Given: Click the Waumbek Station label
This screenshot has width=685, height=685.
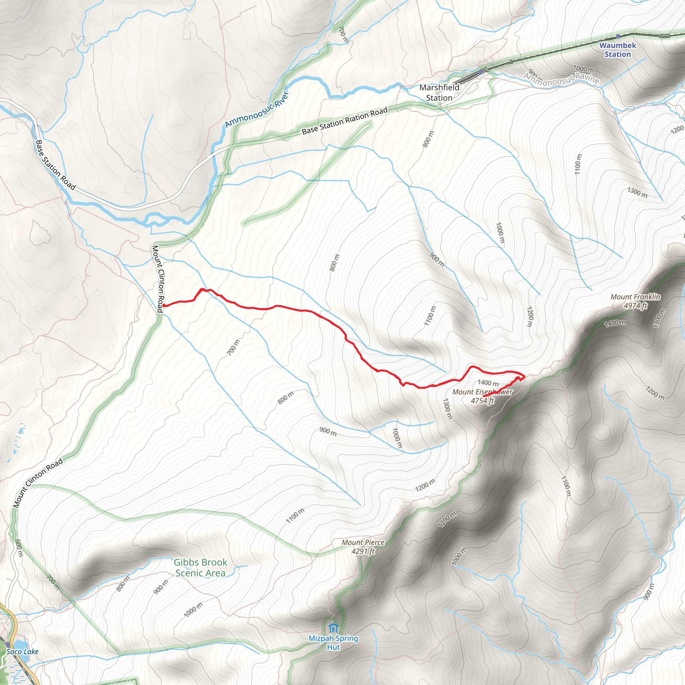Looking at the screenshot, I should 618,50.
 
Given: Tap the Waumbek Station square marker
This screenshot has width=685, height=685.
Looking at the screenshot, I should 618,36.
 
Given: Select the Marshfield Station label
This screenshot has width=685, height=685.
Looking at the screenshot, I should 439,93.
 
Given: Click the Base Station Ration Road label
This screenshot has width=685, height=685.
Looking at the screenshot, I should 345,121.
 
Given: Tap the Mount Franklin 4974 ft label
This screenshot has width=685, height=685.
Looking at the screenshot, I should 635,301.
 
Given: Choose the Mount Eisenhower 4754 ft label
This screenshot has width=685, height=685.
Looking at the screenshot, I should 483,396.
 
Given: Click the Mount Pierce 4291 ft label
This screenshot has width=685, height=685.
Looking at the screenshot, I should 363,547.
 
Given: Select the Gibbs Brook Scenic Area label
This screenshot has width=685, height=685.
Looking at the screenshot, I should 200,568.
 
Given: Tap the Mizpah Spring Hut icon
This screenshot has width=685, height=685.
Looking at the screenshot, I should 332,628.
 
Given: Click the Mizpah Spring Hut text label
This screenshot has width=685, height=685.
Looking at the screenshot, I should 333,643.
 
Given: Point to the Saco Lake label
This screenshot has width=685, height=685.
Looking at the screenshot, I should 22,651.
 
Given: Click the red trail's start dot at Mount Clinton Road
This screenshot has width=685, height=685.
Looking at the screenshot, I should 164,305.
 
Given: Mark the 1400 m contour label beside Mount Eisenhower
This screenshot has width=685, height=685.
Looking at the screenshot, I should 488,383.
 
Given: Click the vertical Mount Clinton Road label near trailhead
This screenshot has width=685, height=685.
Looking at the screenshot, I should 158,279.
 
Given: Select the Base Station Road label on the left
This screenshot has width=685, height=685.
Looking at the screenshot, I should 56,165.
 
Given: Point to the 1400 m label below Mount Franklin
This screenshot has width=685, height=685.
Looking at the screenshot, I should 615,323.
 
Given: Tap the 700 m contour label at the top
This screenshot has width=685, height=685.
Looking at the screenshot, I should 343,34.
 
